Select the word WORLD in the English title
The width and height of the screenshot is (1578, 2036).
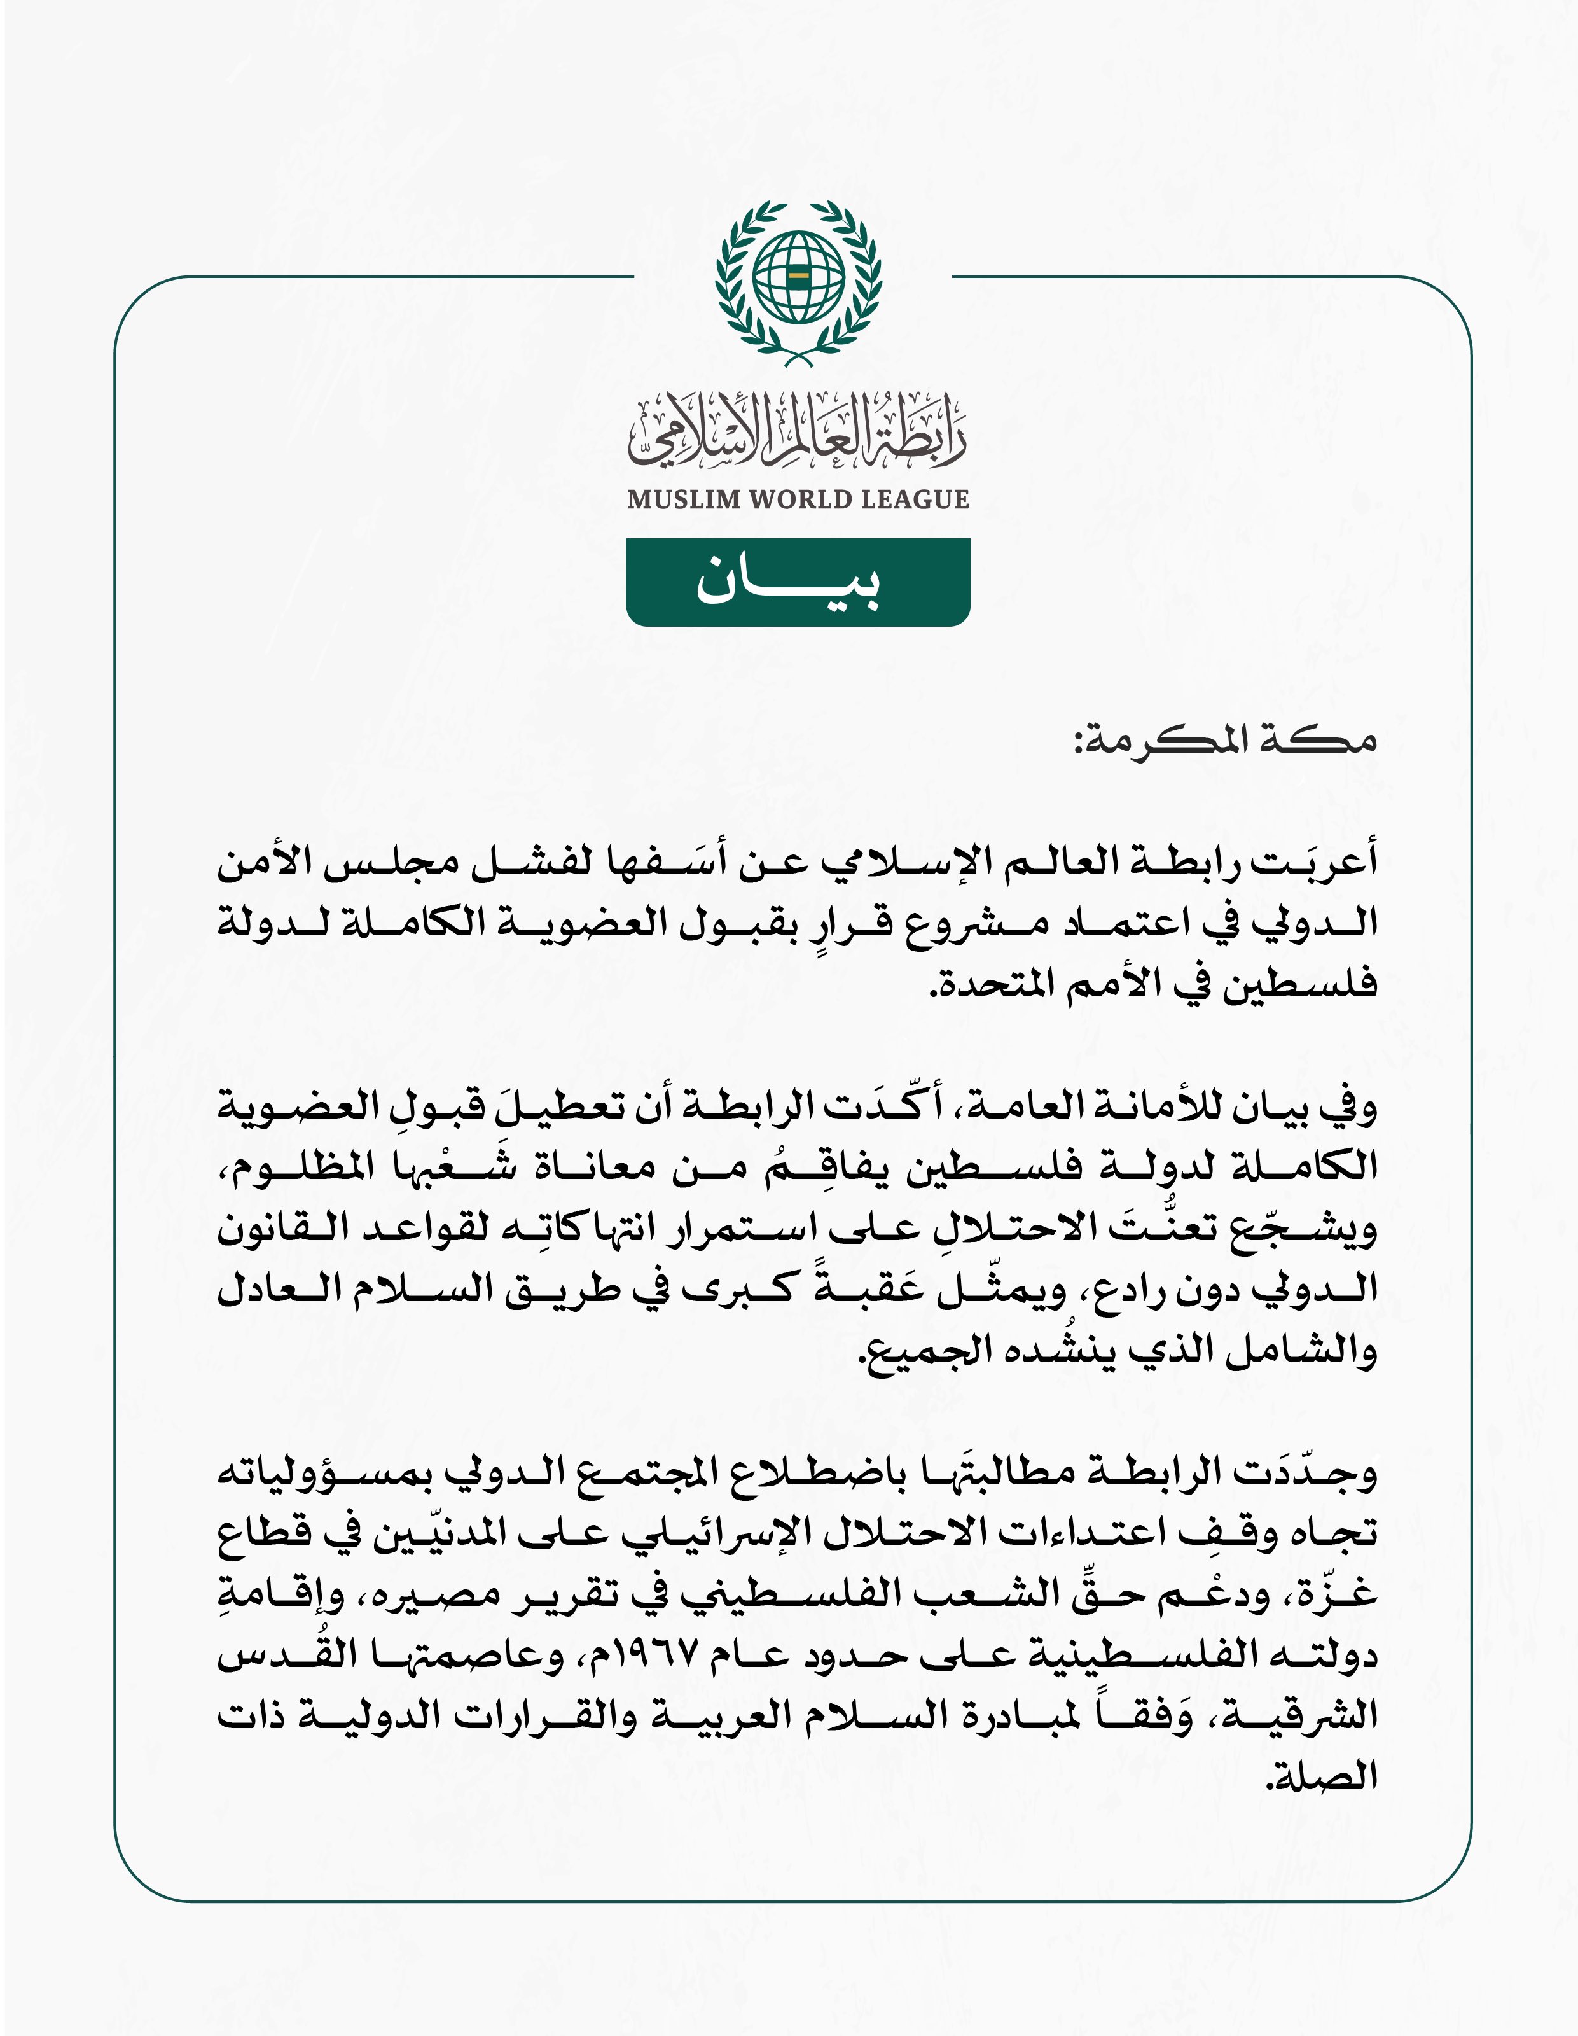pyautogui.click(x=796, y=499)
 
